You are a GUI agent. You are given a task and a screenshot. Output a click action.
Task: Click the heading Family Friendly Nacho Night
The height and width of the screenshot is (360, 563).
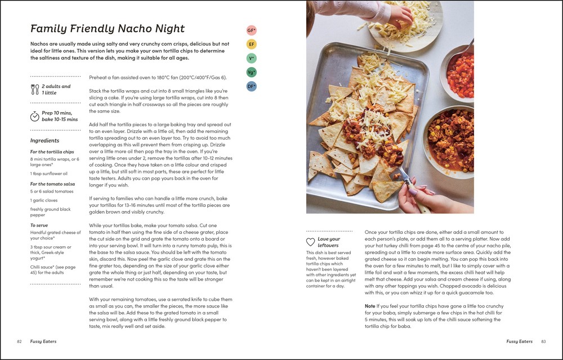[107, 29]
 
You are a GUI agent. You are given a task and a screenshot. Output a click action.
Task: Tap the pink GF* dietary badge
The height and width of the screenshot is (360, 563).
[251, 30]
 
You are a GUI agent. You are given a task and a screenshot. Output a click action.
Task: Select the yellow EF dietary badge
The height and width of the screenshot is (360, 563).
[251, 44]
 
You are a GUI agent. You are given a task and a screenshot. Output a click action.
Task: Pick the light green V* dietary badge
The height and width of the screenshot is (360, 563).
[251, 58]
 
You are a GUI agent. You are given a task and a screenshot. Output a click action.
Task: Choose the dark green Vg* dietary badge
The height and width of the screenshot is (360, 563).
[251, 72]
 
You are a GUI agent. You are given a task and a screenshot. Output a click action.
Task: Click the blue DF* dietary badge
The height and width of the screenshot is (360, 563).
[251, 86]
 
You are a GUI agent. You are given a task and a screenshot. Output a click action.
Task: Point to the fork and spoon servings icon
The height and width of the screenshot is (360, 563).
[34, 89]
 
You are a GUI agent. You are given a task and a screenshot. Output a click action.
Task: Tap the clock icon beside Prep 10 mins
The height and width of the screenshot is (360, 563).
[34, 116]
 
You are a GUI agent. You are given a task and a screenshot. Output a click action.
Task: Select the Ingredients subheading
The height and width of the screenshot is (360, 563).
[44, 140]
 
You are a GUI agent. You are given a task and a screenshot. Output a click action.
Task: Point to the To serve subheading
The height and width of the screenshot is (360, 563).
[40, 225]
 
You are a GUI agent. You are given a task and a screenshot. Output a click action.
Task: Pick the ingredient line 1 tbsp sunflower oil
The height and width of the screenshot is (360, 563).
[48, 174]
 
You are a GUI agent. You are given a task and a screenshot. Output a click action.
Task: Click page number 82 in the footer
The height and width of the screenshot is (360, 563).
[20, 341]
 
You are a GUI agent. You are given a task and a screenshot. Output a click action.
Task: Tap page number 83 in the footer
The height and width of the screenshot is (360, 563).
[543, 341]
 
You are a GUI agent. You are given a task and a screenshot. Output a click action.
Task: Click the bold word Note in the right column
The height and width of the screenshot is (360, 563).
[370, 306]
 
